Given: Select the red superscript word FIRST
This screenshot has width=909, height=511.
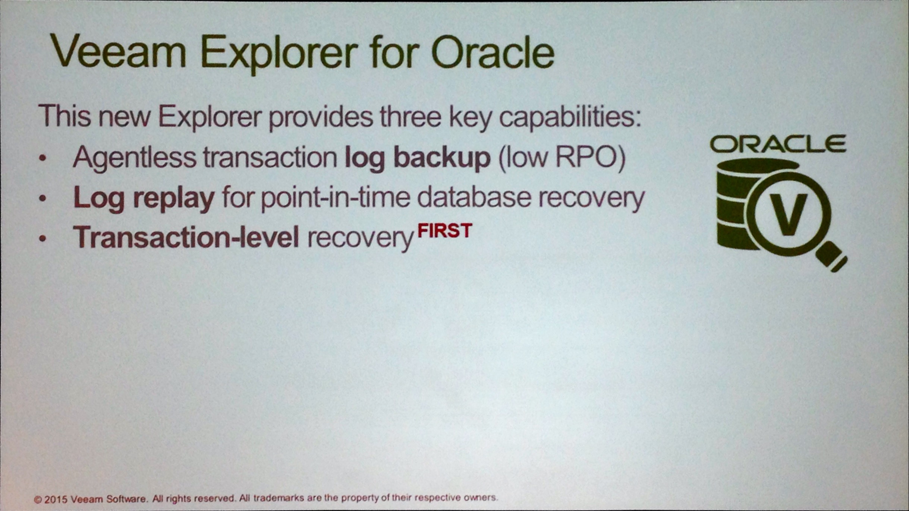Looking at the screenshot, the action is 445,231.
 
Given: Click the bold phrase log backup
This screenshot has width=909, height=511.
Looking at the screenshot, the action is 418,158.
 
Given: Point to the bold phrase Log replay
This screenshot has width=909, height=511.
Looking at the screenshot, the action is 144,199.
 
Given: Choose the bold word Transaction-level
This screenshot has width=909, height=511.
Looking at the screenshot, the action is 186,237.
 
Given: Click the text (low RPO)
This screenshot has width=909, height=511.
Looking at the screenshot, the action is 562,158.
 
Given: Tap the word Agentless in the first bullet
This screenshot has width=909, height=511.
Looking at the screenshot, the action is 135,157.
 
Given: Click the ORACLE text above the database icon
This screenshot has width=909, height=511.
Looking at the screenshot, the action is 778,144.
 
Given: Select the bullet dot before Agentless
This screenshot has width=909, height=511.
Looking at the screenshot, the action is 43,158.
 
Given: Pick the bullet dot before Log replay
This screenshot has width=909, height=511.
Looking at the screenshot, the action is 43,199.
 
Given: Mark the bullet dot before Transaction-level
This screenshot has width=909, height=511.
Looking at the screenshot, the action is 43,238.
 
